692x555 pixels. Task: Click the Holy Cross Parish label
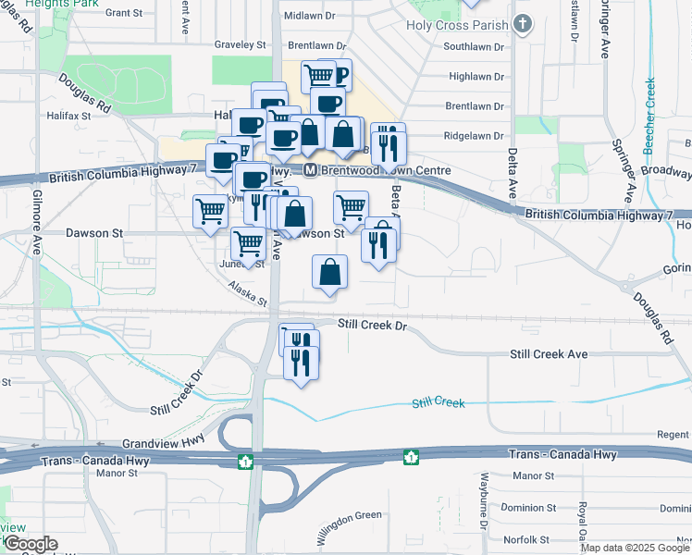pyautogui.click(x=457, y=25)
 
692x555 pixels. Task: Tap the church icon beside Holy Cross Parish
pyautogui.click(x=524, y=25)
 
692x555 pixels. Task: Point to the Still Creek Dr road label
pyautogui.click(x=372, y=325)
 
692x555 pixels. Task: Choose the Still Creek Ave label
pyautogui.click(x=550, y=354)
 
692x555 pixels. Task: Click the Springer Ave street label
pyautogui.click(x=622, y=172)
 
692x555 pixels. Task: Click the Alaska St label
pyautogui.click(x=248, y=294)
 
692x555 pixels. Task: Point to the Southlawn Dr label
pyautogui.click(x=474, y=46)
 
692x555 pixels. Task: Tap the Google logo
pyautogui.click(x=31, y=544)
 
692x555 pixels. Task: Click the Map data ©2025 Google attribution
pyautogui.click(x=634, y=548)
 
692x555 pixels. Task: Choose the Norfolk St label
pyautogui.click(x=528, y=539)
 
